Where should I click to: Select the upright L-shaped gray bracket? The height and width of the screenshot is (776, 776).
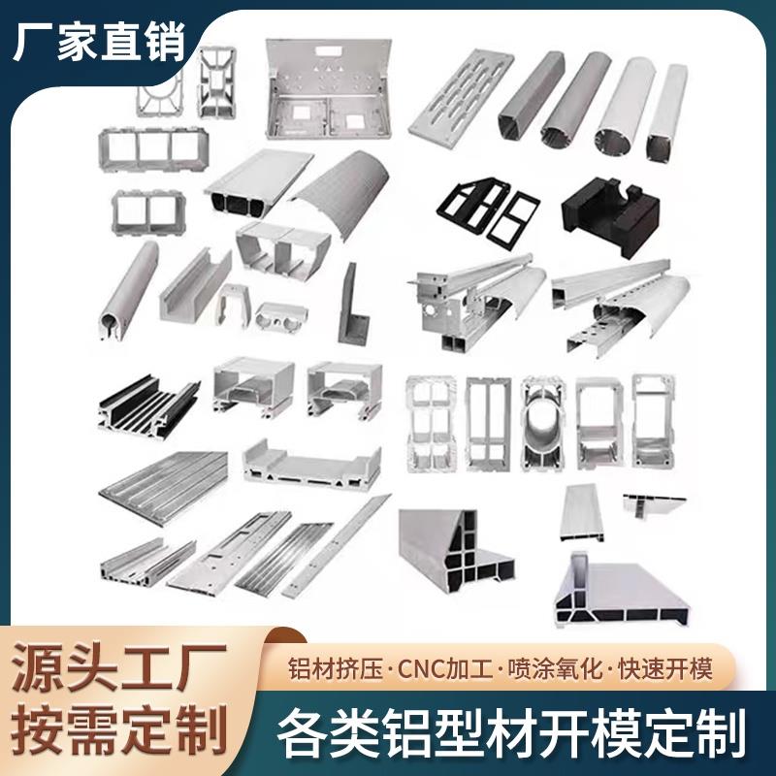346,310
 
